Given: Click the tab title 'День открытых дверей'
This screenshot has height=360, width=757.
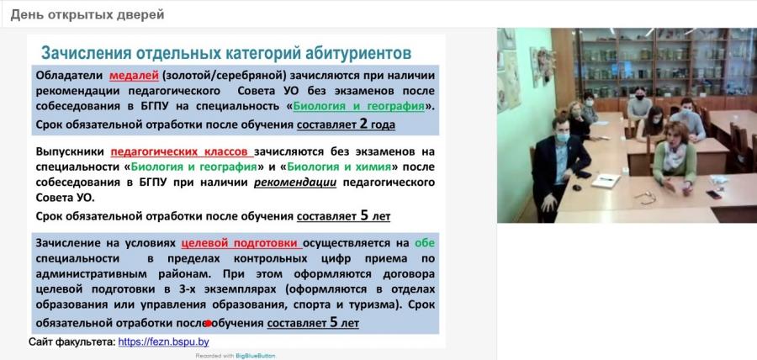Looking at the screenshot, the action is tap(87, 14).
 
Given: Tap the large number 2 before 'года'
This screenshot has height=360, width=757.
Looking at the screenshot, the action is tap(363, 124).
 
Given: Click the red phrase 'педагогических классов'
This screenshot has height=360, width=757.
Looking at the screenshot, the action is tap(182, 151).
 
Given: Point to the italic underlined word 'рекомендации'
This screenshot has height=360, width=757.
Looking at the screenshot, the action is tap(295, 183).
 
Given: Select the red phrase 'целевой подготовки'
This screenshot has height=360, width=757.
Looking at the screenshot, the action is tap(242, 243).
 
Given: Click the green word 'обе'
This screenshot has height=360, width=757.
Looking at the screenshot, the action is tap(425, 243).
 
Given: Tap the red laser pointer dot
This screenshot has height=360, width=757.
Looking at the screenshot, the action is tap(208, 323).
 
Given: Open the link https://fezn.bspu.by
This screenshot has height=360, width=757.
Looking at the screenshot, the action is tap(164, 342).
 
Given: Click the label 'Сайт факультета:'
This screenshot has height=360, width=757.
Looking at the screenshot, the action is tap(72, 342).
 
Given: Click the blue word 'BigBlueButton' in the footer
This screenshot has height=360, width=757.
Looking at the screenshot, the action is tap(256, 356).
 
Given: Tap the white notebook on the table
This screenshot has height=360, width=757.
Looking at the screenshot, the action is tap(606, 181).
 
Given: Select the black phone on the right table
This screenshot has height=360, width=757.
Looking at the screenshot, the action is tap(713, 194).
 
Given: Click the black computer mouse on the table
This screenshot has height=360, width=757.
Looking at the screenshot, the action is tap(576, 188).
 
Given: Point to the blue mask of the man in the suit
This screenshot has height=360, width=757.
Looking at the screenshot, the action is tap(562, 137).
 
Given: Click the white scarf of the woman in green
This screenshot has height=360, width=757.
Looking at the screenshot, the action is tap(674, 154).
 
